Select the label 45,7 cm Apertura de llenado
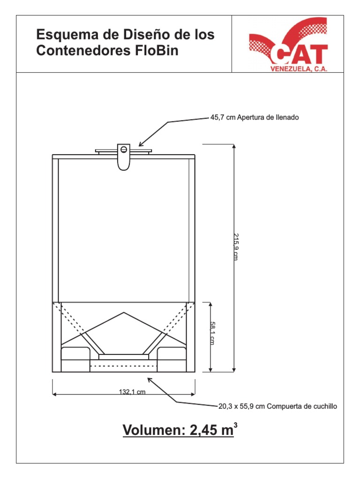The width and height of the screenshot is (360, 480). coord(254,117)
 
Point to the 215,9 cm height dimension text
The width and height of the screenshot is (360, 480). coord(235,247)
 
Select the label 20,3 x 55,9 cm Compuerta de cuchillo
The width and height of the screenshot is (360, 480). coord(277,406)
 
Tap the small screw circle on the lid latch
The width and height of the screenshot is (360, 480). coord(124,150)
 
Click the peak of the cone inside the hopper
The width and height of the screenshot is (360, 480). coord(124,313)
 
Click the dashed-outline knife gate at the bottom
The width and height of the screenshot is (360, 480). coord(123,365)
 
